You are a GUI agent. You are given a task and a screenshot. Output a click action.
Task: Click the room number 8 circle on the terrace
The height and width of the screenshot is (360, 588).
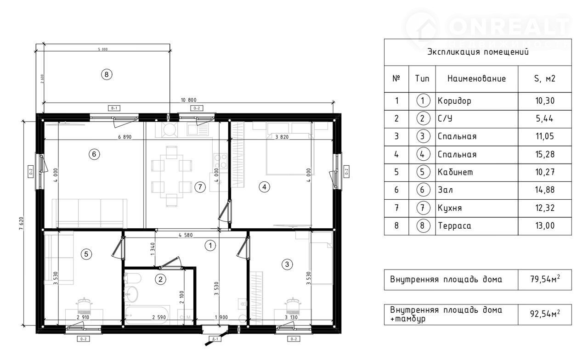[x=106, y=74]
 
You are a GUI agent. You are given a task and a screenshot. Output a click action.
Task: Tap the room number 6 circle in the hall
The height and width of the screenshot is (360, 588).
[x=94, y=155]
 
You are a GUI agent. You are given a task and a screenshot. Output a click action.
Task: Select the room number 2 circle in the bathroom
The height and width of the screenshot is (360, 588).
[x=160, y=278]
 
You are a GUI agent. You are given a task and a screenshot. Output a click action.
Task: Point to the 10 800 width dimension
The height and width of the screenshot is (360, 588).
[x=189, y=100]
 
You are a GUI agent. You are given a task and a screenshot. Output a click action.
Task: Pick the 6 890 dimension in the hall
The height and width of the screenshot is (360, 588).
[x=125, y=137]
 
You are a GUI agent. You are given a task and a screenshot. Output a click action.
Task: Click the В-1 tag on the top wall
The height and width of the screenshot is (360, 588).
[x=114, y=108]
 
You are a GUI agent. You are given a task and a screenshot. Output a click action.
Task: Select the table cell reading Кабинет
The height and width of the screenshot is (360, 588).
[x=455, y=172]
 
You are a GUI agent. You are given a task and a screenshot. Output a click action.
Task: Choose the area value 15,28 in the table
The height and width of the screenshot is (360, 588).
[x=545, y=154]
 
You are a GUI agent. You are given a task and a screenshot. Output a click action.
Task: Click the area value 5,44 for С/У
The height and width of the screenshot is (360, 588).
[x=545, y=118]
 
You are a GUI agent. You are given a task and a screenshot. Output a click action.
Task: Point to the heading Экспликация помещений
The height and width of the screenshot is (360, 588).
[x=478, y=52]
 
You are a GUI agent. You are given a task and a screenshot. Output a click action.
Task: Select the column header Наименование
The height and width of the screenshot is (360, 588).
[x=476, y=79]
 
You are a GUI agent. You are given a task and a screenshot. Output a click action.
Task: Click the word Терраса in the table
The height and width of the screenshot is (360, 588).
[x=454, y=226]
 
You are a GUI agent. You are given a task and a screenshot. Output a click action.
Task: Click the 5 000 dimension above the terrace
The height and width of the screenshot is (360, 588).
[x=102, y=49]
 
